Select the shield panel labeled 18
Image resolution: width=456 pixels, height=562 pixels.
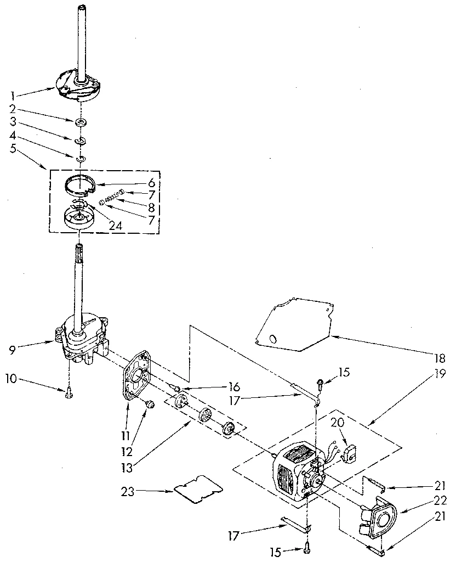tap(293, 328)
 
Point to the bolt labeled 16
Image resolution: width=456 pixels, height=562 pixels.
tap(177, 389)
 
